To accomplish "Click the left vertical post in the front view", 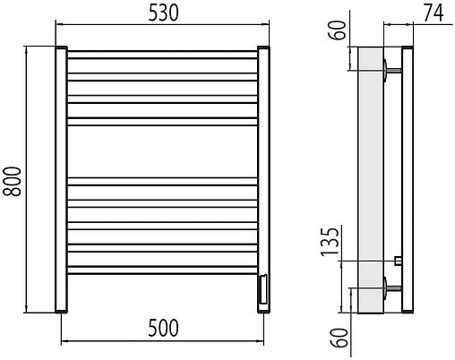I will coord(61,179).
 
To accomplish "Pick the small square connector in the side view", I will coord(397,261).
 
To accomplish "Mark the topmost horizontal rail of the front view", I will coord(162,55).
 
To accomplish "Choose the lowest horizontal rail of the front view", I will coord(162,268).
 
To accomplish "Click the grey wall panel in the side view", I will coord(370,179).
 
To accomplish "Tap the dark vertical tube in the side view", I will coord(407,179).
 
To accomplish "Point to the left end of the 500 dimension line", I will coord(61,341).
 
